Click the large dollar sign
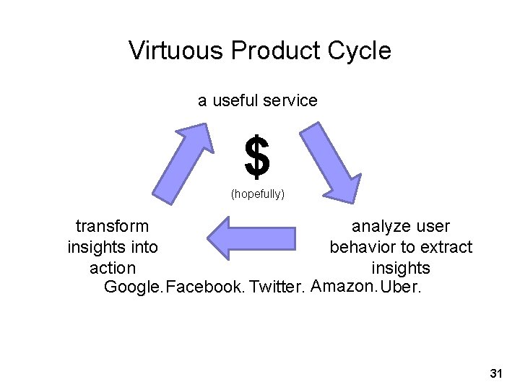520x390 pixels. (257, 157)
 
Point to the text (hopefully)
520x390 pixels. (257, 194)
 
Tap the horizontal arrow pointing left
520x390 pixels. (251, 238)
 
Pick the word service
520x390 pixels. (292, 100)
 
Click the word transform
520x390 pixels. (113, 226)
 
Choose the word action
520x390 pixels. (113, 268)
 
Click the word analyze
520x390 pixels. (381, 226)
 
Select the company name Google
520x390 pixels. (134, 288)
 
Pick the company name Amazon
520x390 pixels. (343, 287)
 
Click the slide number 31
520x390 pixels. (495, 373)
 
